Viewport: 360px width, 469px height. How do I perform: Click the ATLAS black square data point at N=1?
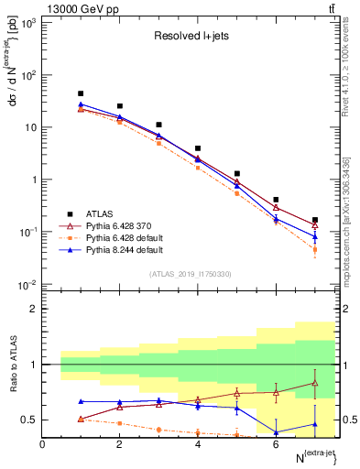click(x=82, y=93)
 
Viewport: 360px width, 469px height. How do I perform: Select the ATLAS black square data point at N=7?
click(x=315, y=220)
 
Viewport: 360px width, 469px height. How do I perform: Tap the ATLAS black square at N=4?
click(x=198, y=147)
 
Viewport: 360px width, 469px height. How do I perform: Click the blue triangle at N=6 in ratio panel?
click(x=276, y=432)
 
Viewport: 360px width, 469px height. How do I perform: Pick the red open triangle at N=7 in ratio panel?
click(x=315, y=383)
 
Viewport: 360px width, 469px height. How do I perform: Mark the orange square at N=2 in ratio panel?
click(x=120, y=423)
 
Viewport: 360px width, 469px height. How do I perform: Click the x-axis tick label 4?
click(x=198, y=445)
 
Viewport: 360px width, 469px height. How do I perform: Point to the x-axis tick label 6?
click(x=276, y=445)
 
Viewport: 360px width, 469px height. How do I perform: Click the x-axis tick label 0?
click(x=43, y=445)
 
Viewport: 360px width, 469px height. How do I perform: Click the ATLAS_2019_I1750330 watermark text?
click(x=190, y=274)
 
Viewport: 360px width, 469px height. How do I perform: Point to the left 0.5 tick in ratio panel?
click(x=31, y=420)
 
